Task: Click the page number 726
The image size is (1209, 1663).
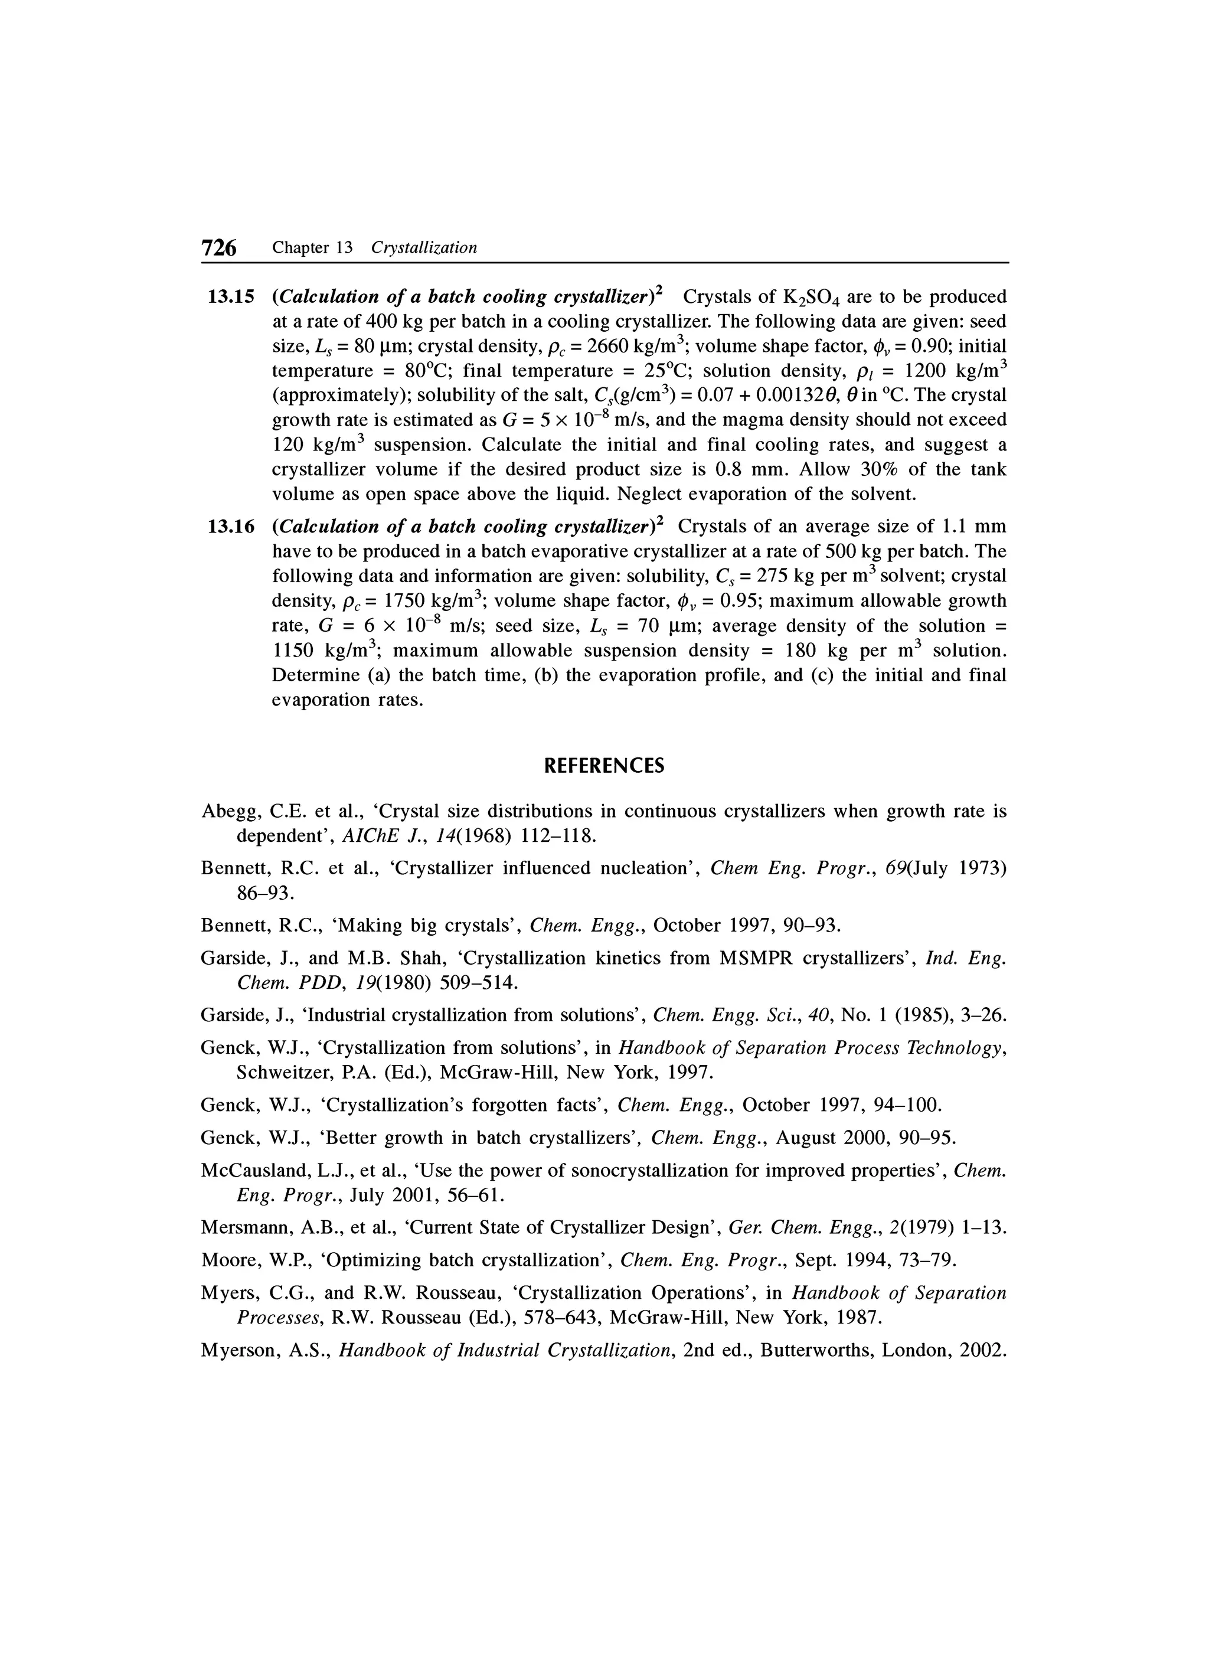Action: [x=219, y=248]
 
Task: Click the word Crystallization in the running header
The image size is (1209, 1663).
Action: [x=424, y=248]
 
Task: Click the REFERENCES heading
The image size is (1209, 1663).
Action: [x=604, y=766]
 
